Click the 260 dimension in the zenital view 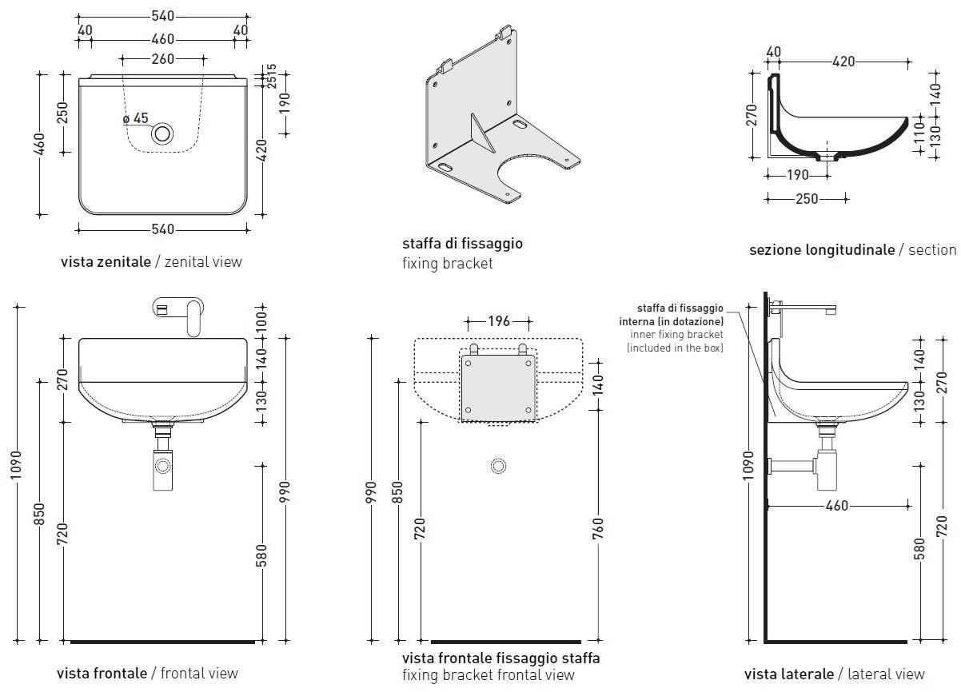click(x=163, y=58)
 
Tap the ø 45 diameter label click(x=136, y=118)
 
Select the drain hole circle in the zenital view click(x=163, y=133)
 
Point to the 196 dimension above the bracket click(x=499, y=321)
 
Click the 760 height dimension click(x=599, y=527)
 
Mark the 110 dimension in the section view click(x=919, y=142)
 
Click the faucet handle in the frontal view click(x=192, y=316)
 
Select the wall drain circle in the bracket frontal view click(x=499, y=466)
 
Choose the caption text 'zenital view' click(x=203, y=261)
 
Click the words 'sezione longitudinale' click(x=821, y=250)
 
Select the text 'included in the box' click(x=675, y=348)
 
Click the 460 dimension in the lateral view click(x=836, y=506)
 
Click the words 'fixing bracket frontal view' click(x=488, y=675)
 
